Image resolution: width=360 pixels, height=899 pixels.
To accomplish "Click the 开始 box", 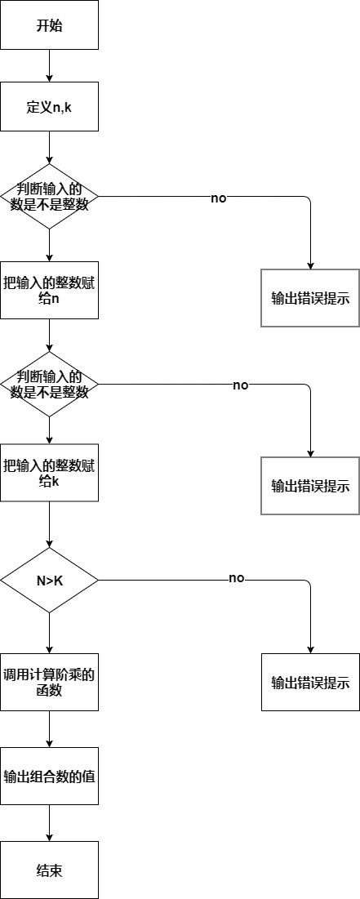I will coord(49,24).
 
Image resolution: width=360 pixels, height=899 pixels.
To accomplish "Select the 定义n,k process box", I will coord(49,106).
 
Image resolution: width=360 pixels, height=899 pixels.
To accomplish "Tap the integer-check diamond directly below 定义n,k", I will coord(49,196).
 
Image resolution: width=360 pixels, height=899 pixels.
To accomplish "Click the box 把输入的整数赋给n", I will coord(49,290).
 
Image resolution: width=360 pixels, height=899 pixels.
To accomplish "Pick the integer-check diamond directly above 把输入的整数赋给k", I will coord(49,384).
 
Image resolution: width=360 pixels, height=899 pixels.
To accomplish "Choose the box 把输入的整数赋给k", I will coord(49,474).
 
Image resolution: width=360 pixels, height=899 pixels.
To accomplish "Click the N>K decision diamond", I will coord(49,580).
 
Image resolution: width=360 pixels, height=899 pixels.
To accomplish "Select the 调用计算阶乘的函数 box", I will coord(49,682).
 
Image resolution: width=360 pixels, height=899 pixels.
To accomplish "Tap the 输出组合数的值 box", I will coord(49,776).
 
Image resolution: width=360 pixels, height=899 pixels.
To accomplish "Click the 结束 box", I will coord(49,870).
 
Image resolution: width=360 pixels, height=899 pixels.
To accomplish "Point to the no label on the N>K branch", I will coord(237,578).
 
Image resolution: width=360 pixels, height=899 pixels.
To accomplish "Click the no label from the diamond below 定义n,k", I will coord(219,198).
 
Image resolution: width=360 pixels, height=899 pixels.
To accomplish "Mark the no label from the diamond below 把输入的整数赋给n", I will coord(240,385).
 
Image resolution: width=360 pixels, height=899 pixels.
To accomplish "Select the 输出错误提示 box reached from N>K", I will coord(310,682).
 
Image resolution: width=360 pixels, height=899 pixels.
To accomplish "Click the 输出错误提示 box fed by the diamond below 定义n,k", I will coord(310,298).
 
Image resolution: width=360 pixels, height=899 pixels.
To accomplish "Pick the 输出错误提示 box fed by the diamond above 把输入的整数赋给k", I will coord(310,486).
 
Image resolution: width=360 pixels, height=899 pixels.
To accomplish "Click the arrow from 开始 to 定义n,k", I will coord(49,65).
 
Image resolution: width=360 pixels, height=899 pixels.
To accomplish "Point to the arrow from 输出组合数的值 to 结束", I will coord(49,823).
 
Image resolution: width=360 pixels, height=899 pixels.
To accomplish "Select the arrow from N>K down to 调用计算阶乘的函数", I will coord(49,633).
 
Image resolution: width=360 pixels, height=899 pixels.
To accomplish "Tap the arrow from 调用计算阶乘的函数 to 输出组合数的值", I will coord(49,729).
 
